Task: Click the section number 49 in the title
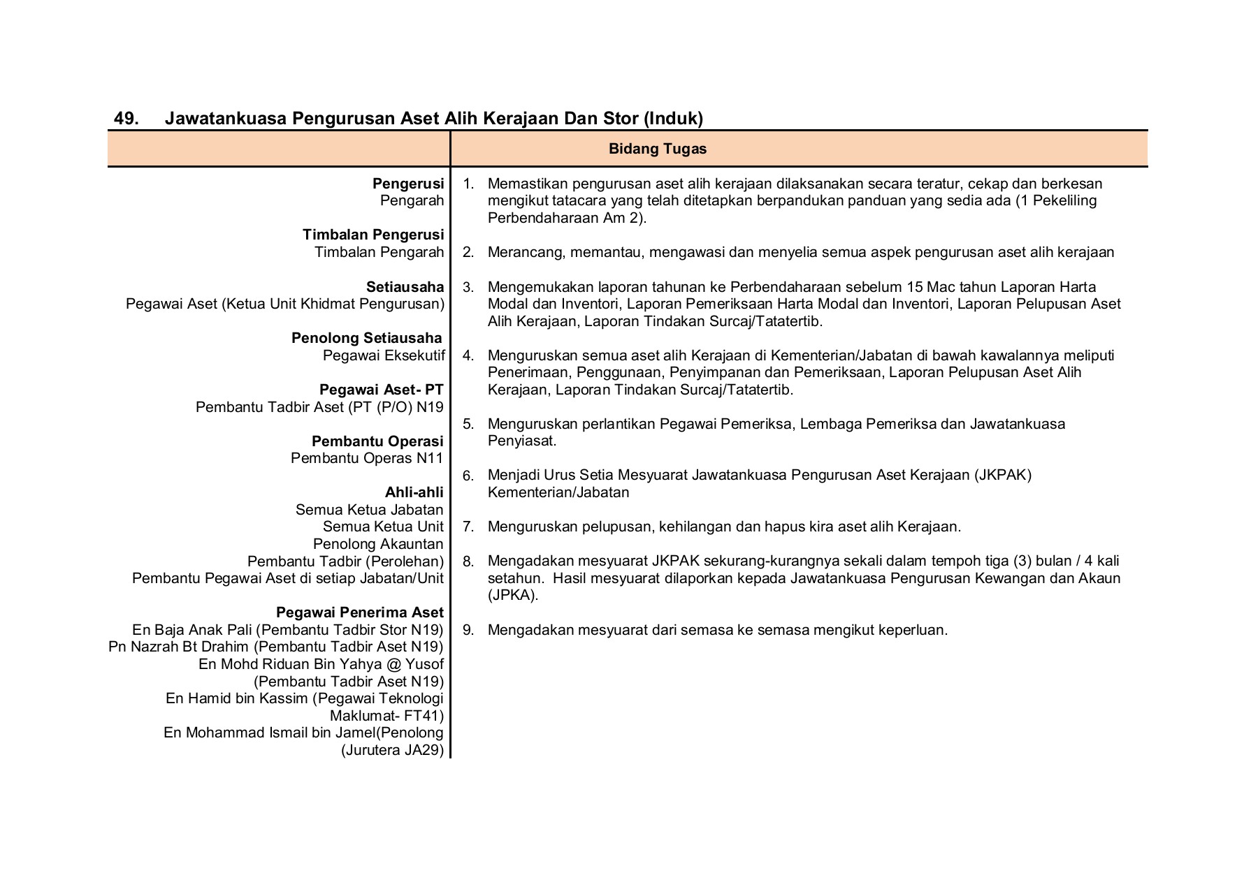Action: click(x=126, y=119)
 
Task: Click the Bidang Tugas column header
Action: click(x=657, y=149)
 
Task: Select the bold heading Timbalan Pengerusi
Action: click(x=373, y=235)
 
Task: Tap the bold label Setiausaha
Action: click(x=405, y=287)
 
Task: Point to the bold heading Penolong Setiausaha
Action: click(x=367, y=339)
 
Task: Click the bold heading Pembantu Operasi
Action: click(x=377, y=441)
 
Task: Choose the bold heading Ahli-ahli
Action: click(x=414, y=492)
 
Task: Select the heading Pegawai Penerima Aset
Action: click(x=360, y=612)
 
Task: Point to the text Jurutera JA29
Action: click(x=393, y=751)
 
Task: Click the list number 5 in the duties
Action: click(x=468, y=424)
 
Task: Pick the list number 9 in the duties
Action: click(x=468, y=630)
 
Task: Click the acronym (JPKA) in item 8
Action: click(x=513, y=595)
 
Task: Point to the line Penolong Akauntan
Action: click(x=378, y=544)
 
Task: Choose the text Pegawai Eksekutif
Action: click(x=384, y=355)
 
